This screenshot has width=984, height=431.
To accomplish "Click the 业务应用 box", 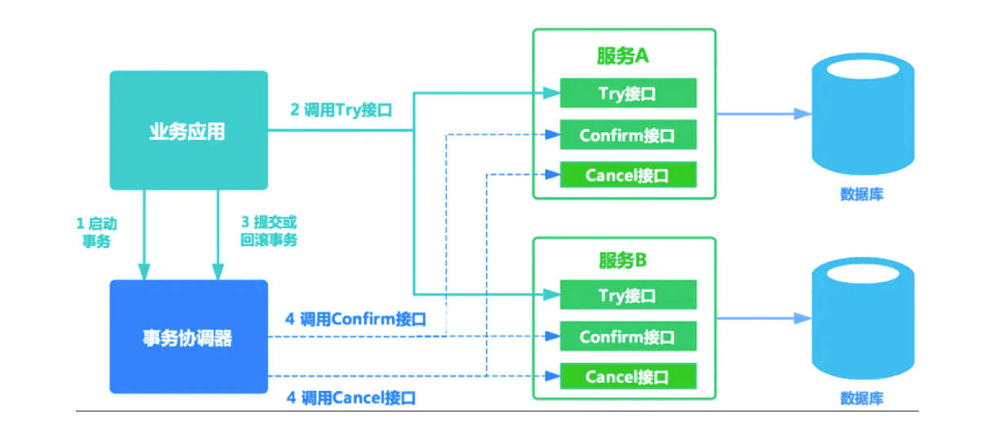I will pos(188,130).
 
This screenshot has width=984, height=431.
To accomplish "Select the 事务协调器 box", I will pos(188,336).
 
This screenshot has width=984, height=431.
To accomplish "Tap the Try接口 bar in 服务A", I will pos(627,94).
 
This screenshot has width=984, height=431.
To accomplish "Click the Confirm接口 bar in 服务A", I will pos(627,134).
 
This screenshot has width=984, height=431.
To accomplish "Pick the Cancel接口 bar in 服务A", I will pos(627,174).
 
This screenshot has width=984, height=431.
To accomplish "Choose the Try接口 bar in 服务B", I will pos(627,295).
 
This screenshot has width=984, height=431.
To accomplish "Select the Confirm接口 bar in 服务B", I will pos(627,336).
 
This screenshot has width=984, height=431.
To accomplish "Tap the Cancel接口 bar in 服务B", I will pos(627,376).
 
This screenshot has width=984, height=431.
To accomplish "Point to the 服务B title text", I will pos(623,261).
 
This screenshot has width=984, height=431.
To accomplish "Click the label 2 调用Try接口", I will pos(341,110).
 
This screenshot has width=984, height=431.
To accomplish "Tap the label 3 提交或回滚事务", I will pos(269,232).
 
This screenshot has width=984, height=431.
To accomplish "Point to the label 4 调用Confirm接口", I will pos(356,319).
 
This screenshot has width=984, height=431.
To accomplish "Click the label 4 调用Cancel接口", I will pos(351,398).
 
